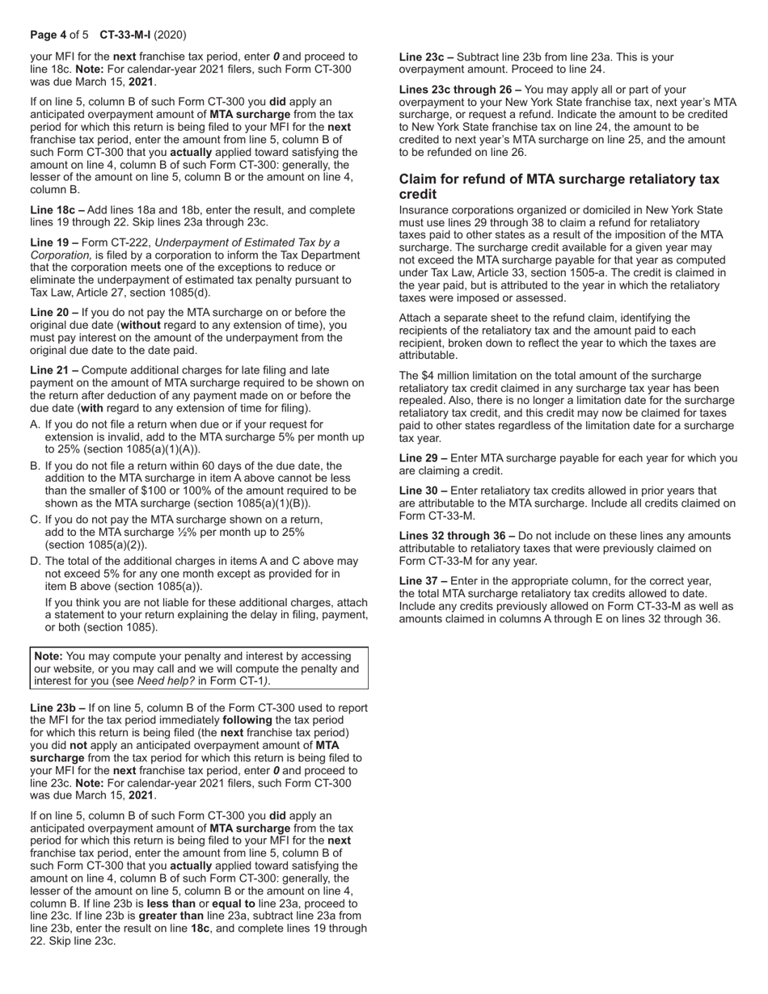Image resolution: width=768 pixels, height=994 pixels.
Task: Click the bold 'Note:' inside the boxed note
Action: pyautogui.click(x=48, y=656)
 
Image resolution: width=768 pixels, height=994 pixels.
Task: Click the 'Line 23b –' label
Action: pyautogui.click(x=57, y=708)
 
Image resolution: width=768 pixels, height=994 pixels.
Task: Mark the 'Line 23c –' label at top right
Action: pyautogui.click(x=426, y=57)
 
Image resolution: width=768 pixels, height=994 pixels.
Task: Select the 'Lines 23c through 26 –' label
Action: pyautogui.click(x=460, y=90)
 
